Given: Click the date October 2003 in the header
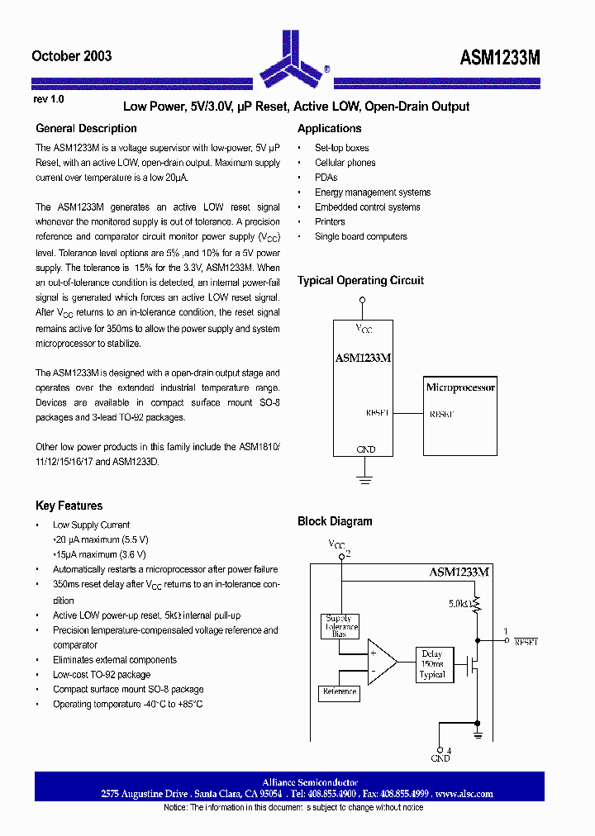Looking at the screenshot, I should pos(71,56).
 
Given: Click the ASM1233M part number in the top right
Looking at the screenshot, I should pos(500,57).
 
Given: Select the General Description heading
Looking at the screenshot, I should pos(86,128).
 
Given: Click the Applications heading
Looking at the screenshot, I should pos(329,128).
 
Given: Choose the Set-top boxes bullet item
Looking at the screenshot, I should pos(341,148).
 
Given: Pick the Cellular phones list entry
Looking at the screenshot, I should pos(345,163).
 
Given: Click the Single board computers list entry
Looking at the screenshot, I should pos(360,236).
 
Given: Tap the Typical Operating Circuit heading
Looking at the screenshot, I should pos(360,280).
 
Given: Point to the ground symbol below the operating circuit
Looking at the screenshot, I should pos(362,477).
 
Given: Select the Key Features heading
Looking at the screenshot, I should pos(69,506).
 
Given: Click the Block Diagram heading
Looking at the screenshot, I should pos(335,521).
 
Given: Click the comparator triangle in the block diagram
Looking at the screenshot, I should pos(381,661).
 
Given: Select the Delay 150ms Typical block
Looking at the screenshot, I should pos(431,663).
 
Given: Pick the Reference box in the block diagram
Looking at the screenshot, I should pos(340,692).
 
